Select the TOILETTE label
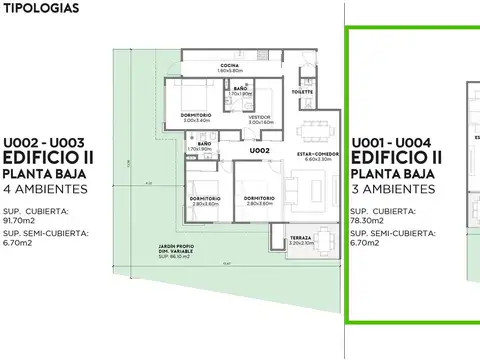303,91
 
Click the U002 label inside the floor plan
261,150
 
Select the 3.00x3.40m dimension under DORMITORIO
196,121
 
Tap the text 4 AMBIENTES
47,189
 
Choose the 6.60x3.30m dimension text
317,158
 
